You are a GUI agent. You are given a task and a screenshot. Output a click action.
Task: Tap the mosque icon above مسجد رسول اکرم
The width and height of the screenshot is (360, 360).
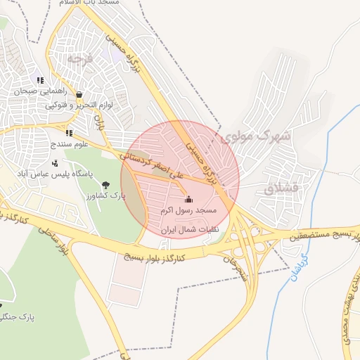(x=188, y=198)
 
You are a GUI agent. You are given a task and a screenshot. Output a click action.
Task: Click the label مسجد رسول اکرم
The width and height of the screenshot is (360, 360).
(x=188, y=210)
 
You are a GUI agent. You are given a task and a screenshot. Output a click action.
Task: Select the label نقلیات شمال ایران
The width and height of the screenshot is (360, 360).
(x=191, y=229)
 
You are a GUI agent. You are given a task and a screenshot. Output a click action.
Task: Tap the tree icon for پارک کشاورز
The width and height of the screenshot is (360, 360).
(x=105, y=184)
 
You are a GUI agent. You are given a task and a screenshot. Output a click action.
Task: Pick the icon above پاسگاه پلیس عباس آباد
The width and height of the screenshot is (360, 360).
(x=55, y=163)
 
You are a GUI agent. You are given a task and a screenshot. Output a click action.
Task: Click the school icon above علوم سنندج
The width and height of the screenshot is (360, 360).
(x=68, y=132)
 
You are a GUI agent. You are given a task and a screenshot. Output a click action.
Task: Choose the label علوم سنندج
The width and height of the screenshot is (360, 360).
(x=68, y=144)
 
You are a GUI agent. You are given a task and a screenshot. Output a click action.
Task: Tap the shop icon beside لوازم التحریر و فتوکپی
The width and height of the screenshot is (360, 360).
(x=79, y=95)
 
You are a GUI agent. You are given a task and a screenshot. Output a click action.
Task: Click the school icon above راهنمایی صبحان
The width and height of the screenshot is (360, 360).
(x=41, y=80)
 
